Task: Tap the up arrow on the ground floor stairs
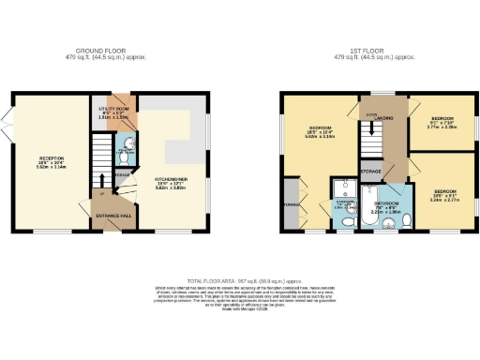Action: (102, 178)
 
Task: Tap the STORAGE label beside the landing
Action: (368, 172)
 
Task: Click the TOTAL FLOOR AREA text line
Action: (239, 281)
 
